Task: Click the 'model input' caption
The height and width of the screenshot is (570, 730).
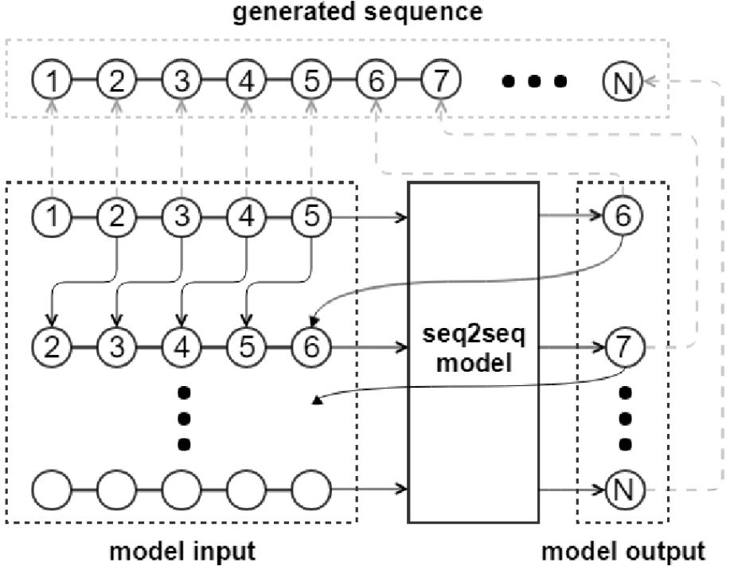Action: pos(183,551)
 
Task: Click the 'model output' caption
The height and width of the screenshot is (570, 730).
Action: pos(623,551)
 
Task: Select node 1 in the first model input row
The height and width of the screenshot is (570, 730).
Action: pos(52,214)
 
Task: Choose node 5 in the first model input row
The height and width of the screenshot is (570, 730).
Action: pos(310,214)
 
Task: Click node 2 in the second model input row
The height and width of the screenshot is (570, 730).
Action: pos(52,348)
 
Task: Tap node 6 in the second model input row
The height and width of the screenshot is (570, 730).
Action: pos(310,348)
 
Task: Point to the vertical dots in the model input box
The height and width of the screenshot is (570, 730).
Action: pos(182,417)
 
